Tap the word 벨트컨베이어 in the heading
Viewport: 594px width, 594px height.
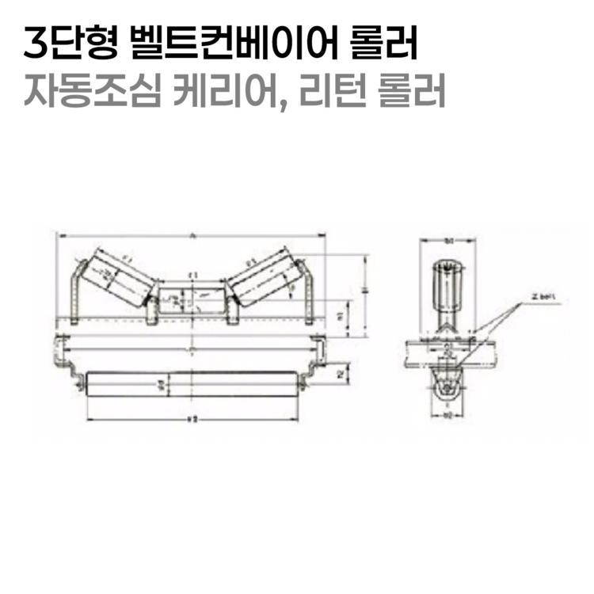[x=225, y=44]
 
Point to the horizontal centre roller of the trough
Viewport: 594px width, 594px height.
[x=191, y=299]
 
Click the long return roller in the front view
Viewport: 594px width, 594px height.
[x=190, y=386]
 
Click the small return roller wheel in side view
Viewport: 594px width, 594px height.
[x=447, y=387]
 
